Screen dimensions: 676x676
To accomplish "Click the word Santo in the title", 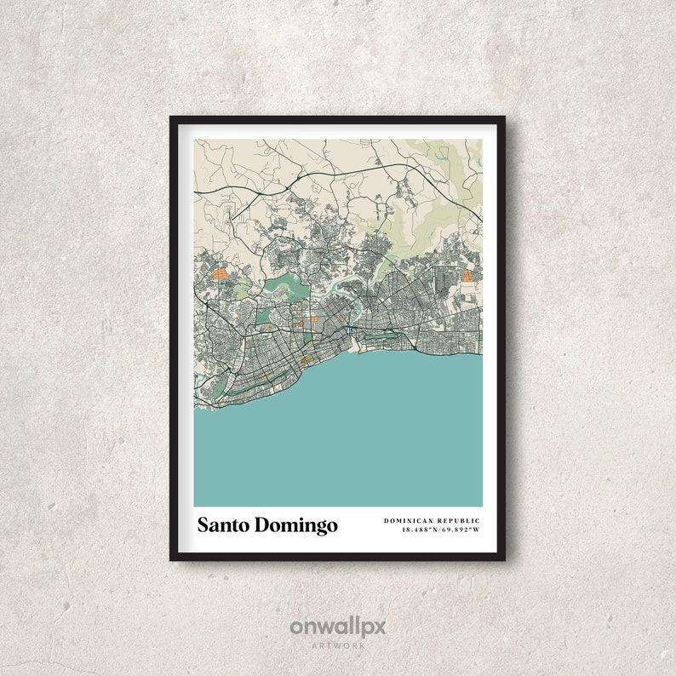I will point(222,525).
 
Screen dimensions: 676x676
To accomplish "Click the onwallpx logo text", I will point(338,627).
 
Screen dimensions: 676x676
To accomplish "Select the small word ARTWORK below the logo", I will point(338,646).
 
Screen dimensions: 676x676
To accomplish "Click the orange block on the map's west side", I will point(220,274).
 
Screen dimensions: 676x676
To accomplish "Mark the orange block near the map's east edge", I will point(467,275).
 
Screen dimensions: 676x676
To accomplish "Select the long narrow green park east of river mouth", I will point(387,345).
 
